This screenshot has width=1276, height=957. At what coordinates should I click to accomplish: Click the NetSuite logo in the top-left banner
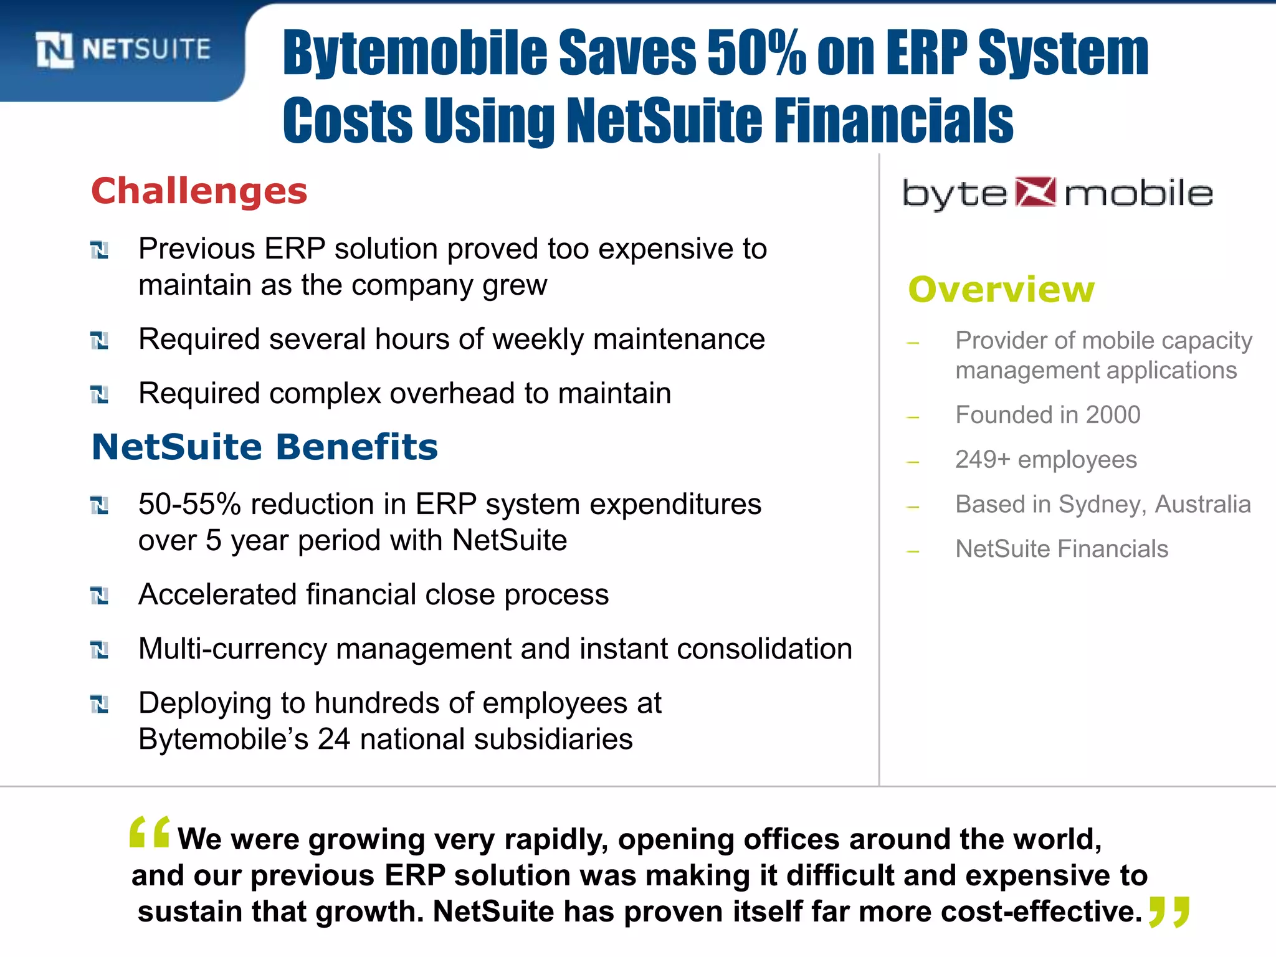123,49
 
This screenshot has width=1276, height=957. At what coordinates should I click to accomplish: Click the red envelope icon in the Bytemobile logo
1036,192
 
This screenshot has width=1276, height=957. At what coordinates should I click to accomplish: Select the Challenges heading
199,191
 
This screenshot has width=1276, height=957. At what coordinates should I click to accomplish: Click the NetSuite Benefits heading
265,447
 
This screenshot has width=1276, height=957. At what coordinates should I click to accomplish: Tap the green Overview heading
1001,289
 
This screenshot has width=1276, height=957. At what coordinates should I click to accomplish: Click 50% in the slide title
756,54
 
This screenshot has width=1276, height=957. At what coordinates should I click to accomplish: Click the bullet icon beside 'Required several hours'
100,341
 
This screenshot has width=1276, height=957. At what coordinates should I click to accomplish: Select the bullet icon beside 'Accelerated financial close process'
100,596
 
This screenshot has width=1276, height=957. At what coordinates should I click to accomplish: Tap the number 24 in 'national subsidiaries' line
334,740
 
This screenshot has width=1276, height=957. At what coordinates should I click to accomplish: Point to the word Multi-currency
232,649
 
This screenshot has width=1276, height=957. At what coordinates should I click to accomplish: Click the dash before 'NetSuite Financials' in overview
913,551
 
